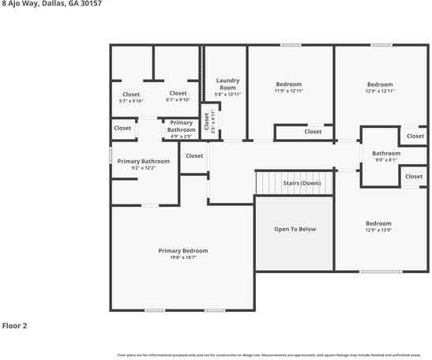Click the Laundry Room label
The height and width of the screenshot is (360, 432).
click(x=227, y=84)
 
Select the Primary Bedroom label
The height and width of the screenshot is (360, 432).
click(x=183, y=250)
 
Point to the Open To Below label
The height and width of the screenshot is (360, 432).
click(x=295, y=229)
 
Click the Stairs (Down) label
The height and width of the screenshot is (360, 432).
click(x=302, y=183)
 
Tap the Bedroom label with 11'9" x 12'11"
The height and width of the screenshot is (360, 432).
click(x=288, y=84)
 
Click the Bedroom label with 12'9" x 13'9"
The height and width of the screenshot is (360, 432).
click(x=378, y=223)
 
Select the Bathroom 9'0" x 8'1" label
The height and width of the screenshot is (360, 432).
click(x=386, y=153)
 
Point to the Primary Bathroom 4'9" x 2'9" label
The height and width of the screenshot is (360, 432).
click(x=181, y=126)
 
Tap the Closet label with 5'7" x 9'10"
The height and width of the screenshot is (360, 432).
click(x=130, y=93)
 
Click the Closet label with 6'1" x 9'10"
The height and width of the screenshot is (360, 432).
click(x=178, y=93)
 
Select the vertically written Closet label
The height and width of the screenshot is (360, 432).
click(x=207, y=122)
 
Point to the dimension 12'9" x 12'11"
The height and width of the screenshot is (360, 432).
click(x=379, y=92)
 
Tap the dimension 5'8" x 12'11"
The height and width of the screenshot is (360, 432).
click(x=227, y=95)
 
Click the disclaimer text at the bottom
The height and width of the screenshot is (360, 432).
click(x=273, y=354)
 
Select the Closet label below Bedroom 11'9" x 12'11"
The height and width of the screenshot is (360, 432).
click(x=313, y=132)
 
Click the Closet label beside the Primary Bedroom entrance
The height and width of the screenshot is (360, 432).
click(x=194, y=156)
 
